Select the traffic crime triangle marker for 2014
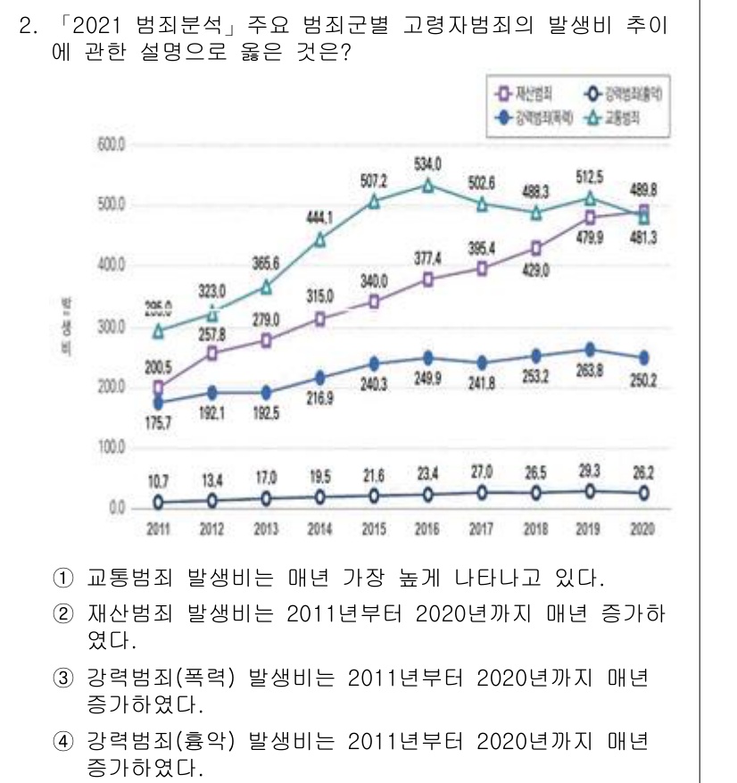click(319, 239)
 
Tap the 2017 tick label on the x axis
click(481, 529)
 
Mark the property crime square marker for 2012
click(211, 354)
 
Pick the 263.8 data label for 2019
click(588, 371)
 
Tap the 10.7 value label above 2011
click(157, 480)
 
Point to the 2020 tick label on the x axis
click(642, 529)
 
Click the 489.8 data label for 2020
click(642, 188)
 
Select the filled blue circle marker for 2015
click(374, 363)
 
